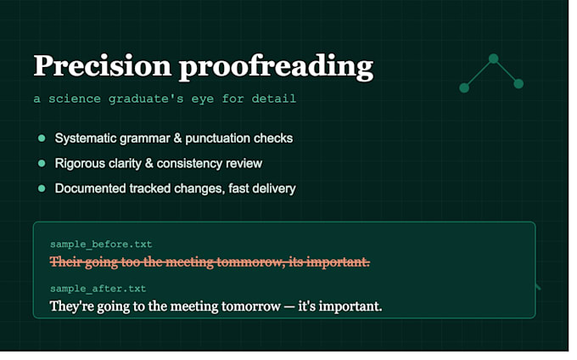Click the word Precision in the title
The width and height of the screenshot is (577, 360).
click(x=103, y=65)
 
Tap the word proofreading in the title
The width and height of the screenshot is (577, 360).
click(x=276, y=67)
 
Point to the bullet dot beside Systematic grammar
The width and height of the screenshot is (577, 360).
click(x=42, y=138)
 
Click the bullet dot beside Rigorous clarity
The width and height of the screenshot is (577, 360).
click(x=42, y=163)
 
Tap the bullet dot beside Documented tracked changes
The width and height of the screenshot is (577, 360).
click(x=42, y=188)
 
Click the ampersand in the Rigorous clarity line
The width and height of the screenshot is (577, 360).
click(x=149, y=163)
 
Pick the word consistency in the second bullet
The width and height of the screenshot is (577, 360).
click(x=189, y=164)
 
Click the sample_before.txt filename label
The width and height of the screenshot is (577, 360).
click(x=101, y=245)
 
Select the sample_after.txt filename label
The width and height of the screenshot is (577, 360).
click(x=98, y=289)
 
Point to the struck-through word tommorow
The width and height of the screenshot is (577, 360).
click(x=250, y=262)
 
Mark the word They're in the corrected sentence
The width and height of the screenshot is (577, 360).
click(x=71, y=307)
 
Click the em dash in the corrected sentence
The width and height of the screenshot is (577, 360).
click(x=289, y=307)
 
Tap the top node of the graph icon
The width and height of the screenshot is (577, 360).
click(x=494, y=59)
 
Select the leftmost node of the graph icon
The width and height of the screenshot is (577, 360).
click(x=464, y=87)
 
